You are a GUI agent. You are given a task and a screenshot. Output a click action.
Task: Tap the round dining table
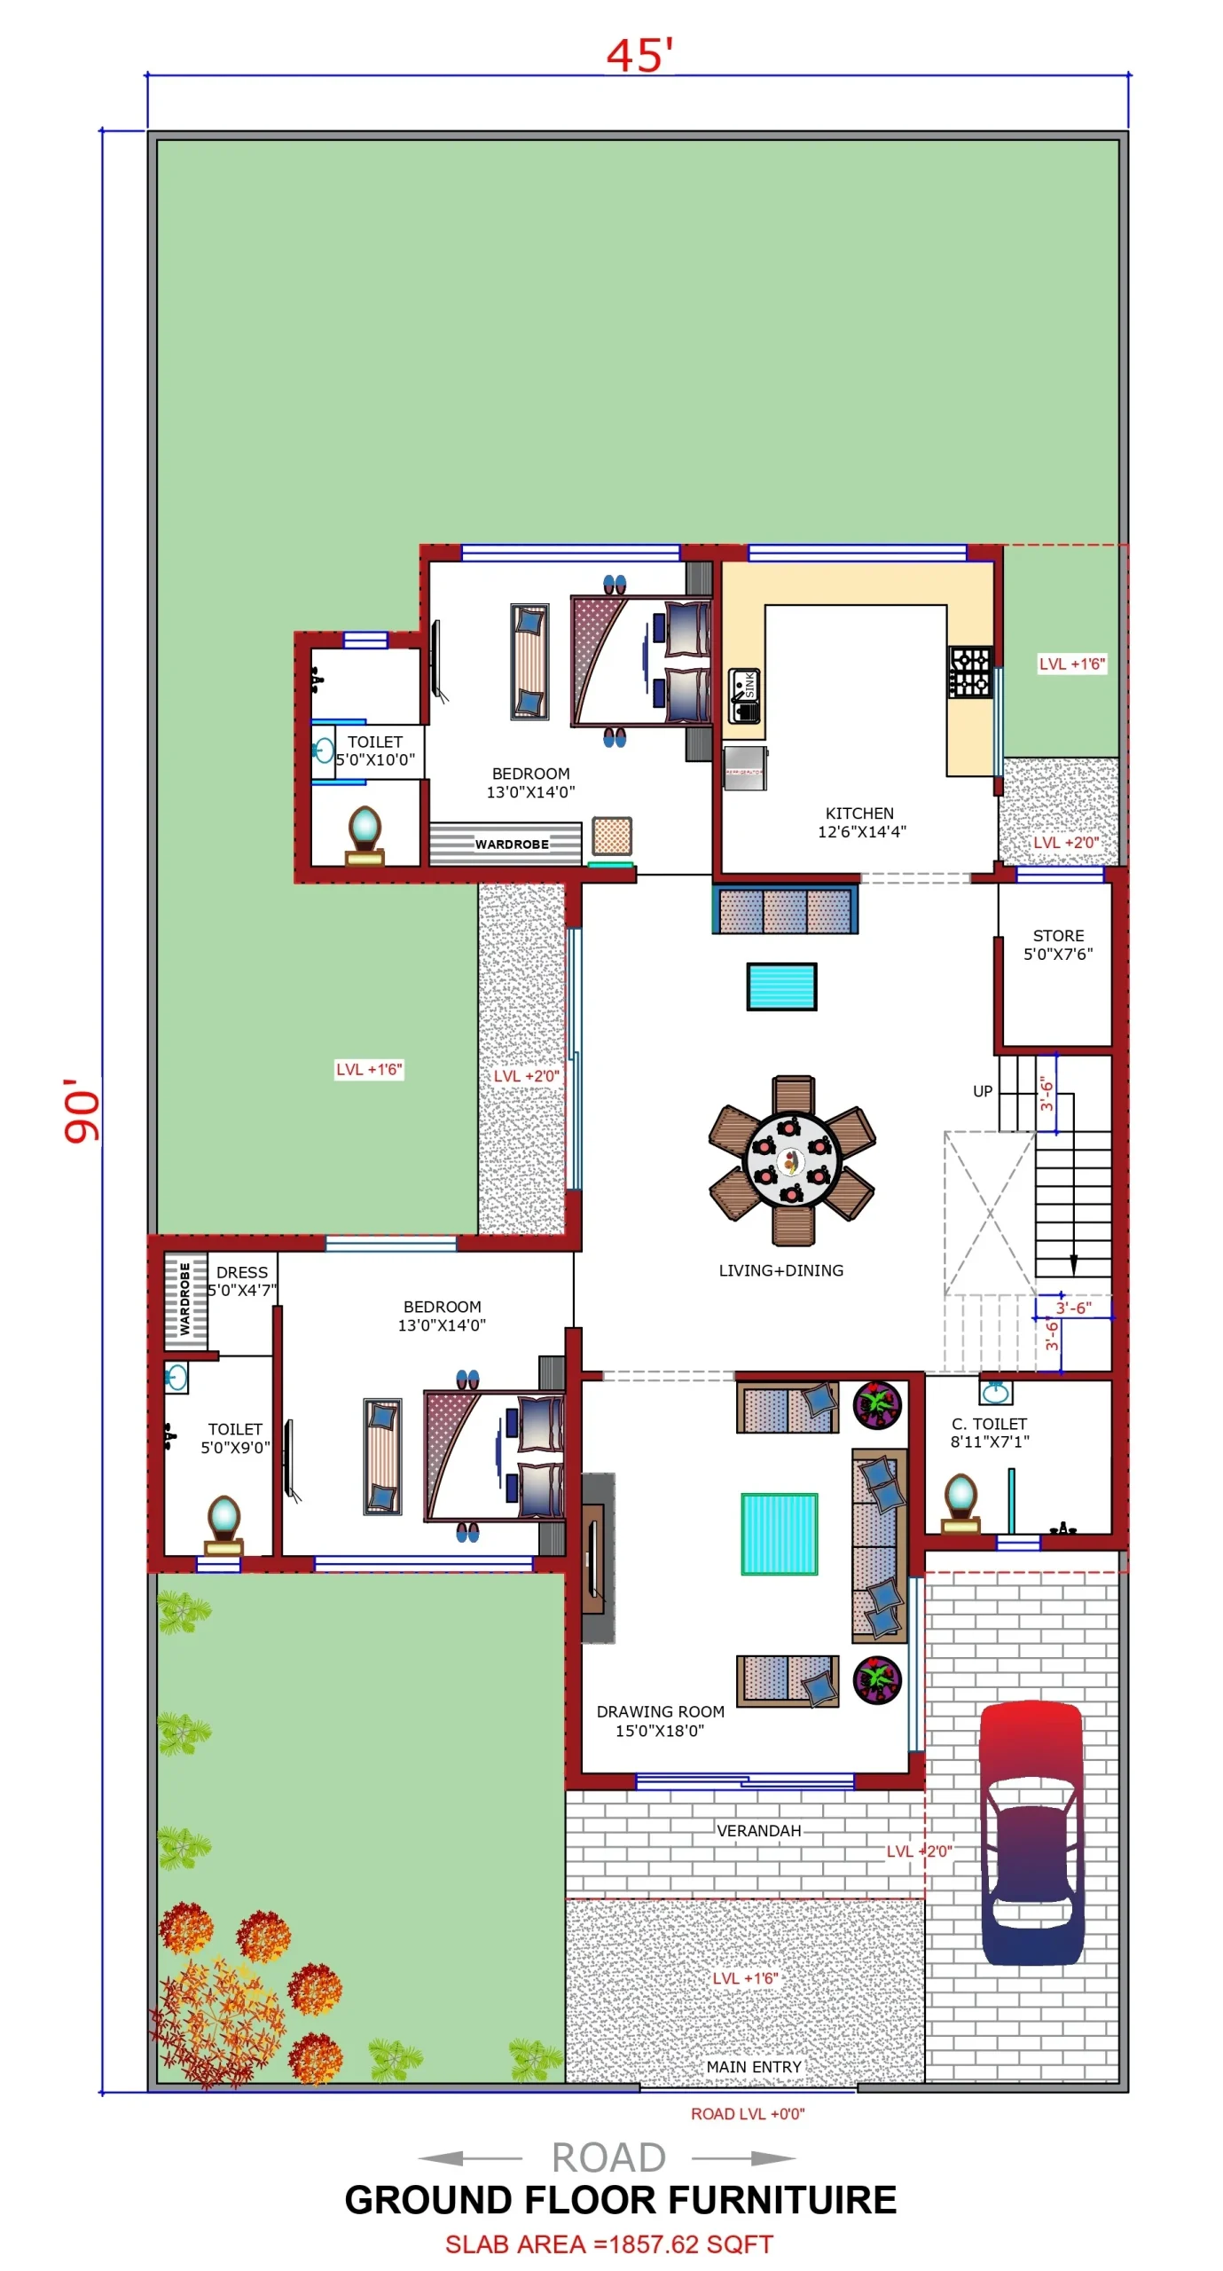point(790,1159)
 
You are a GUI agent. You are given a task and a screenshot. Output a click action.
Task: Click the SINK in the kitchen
point(744,695)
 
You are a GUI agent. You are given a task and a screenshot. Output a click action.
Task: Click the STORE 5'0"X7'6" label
point(1057,944)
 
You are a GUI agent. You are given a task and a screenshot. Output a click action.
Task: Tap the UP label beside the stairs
point(982,1090)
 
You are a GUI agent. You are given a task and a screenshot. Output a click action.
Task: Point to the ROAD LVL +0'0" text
point(747,2113)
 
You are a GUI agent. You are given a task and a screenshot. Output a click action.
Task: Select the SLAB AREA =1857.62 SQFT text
point(608,2243)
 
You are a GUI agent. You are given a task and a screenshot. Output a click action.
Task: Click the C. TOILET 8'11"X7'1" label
point(989,1432)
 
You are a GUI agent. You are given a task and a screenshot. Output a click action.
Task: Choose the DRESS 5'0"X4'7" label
point(241,1280)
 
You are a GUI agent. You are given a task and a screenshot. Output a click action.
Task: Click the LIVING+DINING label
point(780,1269)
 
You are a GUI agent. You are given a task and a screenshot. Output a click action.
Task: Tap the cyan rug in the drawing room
point(779,1533)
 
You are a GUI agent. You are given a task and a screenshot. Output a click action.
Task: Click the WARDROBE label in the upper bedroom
point(511,844)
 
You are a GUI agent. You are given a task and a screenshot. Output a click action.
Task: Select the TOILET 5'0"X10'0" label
point(374,750)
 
